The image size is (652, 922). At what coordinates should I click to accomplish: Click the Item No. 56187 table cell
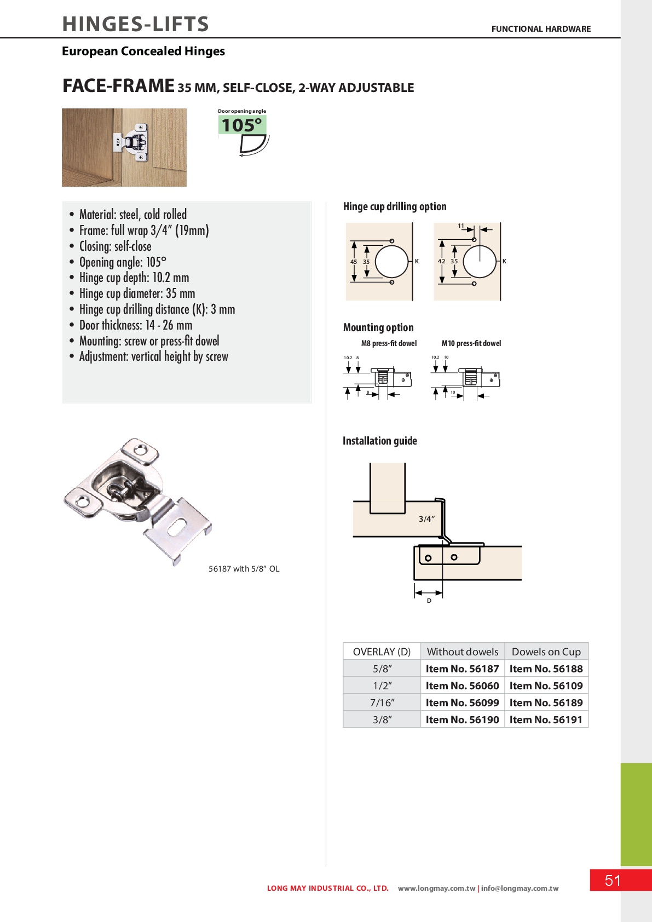point(462,669)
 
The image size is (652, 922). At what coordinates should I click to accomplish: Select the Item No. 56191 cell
point(546,719)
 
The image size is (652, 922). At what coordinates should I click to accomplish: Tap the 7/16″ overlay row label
point(382,702)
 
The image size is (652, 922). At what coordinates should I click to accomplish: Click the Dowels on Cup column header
point(546,652)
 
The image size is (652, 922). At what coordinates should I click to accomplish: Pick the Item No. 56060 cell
point(462,685)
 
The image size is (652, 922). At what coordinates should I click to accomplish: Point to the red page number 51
point(613,880)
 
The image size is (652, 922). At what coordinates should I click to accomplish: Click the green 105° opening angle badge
point(242,125)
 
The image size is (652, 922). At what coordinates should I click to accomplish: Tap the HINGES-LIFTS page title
point(136,24)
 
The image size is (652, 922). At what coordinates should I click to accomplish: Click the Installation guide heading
point(379,441)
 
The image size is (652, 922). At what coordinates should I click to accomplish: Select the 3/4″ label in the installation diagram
point(426,518)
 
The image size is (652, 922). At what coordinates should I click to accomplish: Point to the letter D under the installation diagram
point(429,601)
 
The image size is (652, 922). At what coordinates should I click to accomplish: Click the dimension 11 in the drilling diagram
point(461,226)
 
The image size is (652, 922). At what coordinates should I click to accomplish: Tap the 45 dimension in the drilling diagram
point(354,262)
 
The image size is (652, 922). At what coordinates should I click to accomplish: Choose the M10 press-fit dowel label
point(471,343)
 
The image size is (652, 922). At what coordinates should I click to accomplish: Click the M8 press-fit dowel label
point(389,343)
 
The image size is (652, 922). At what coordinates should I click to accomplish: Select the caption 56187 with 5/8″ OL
point(244,569)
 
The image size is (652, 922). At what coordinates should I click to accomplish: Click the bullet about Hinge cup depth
point(134,278)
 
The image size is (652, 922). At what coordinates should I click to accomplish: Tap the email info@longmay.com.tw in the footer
point(520,888)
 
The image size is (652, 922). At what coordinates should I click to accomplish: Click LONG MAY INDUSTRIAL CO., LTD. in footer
point(327,888)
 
